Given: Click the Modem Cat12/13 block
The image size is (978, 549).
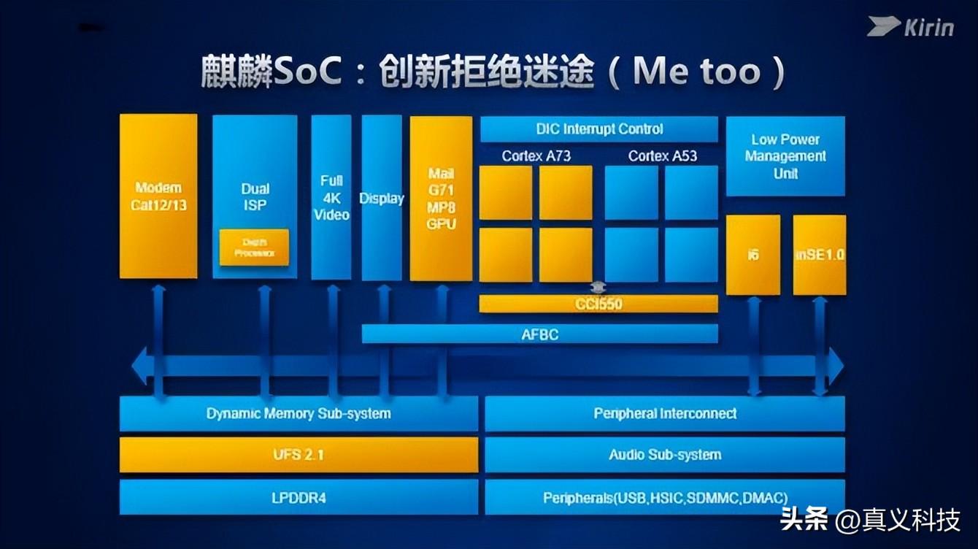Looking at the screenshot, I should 158,196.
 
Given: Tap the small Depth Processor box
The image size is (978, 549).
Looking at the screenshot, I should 254,247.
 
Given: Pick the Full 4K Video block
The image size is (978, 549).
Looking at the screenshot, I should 331,197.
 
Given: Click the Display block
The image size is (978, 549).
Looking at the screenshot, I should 382,198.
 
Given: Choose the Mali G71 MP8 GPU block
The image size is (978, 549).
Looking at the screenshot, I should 441,198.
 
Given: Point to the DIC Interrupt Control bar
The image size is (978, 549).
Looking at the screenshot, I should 599,129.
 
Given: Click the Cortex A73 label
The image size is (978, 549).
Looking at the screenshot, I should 536,156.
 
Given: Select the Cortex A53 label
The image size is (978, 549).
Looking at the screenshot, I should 662,156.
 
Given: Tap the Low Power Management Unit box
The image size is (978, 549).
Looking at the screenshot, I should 785,156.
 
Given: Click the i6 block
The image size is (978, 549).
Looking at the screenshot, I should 752,255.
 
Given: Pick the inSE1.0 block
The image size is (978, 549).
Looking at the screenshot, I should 819,255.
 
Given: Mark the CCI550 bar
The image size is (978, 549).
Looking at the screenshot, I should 598,304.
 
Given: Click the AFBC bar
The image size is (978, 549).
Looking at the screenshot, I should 540,334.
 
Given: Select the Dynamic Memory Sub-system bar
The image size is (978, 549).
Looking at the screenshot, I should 298,414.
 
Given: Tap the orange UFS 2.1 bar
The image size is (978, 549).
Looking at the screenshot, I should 298,455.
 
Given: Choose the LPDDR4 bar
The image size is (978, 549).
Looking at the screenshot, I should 298,498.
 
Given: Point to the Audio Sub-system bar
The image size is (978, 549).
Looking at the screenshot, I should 664,455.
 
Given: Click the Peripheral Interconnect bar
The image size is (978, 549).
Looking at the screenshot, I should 664,414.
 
